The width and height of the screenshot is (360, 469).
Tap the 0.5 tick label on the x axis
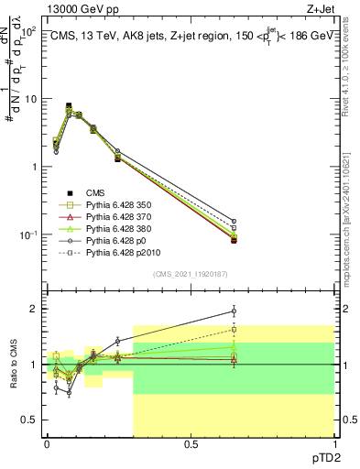coord(191,444)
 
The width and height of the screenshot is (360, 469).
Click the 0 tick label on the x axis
coord(47,444)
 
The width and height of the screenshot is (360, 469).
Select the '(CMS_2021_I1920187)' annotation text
coord(190,274)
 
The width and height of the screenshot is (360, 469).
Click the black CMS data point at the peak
coord(69,106)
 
